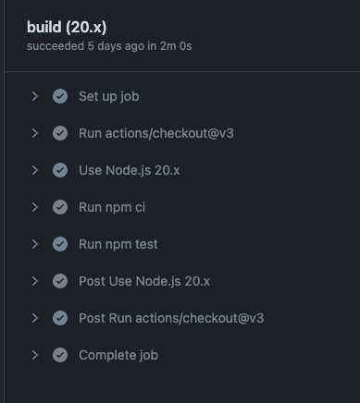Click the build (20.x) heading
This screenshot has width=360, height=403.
point(72,27)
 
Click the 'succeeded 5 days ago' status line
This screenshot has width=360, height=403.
point(109,45)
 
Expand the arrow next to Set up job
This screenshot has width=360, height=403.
point(34,96)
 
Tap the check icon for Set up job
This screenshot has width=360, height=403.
point(60,96)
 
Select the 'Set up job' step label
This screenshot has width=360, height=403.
point(108,96)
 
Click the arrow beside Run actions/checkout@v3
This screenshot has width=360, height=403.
point(34,133)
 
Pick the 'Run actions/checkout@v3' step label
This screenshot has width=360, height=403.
point(155,133)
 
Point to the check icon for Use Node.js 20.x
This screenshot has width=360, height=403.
point(60,170)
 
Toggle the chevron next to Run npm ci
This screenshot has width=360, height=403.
point(34,207)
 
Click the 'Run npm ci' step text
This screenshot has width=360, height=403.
point(112,207)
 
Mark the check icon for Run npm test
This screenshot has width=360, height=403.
point(60,244)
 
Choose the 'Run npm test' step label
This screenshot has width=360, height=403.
point(118,244)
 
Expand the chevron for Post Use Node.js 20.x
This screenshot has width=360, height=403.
point(34,281)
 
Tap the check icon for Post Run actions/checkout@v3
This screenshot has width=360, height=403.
point(60,318)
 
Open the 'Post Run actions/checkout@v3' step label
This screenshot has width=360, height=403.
point(171,318)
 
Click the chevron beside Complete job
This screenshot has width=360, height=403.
point(34,355)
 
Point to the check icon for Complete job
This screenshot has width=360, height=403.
point(60,355)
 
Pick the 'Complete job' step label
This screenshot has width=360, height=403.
point(118,355)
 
